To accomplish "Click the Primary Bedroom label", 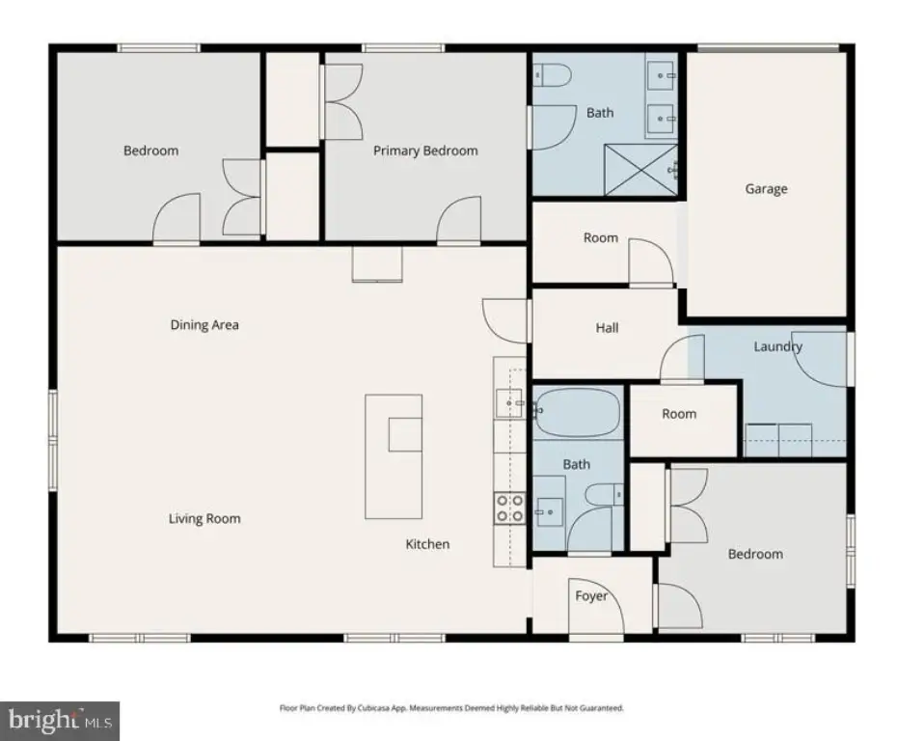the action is click(x=425, y=151).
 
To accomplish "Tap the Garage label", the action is click(x=766, y=189).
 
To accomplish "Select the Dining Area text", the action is click(x=204, y=325).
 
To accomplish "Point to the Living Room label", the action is click(x=204, y=519).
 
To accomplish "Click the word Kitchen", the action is click(x=427, y=544).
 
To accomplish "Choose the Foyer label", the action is click(x=591, y=596).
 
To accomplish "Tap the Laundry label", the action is click(x=777, y=346).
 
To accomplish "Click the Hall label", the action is click(x=607, y=328).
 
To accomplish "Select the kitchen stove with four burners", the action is click(x=509, y=508).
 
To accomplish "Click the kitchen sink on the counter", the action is click(x=508, y=403).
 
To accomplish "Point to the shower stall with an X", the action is click(x=640, y=170).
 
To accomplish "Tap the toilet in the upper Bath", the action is click(x=553, y=75).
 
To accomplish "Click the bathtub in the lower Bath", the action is click(x=577, y=412).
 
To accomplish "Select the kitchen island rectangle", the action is click(x=394, y=456).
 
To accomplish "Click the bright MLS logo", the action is click(x=60, y=721).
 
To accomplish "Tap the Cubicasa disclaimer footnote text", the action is click(x=451, y=708).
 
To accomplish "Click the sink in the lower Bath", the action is click(x=549, y=512).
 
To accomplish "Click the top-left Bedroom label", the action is click(x=151, y=151).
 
